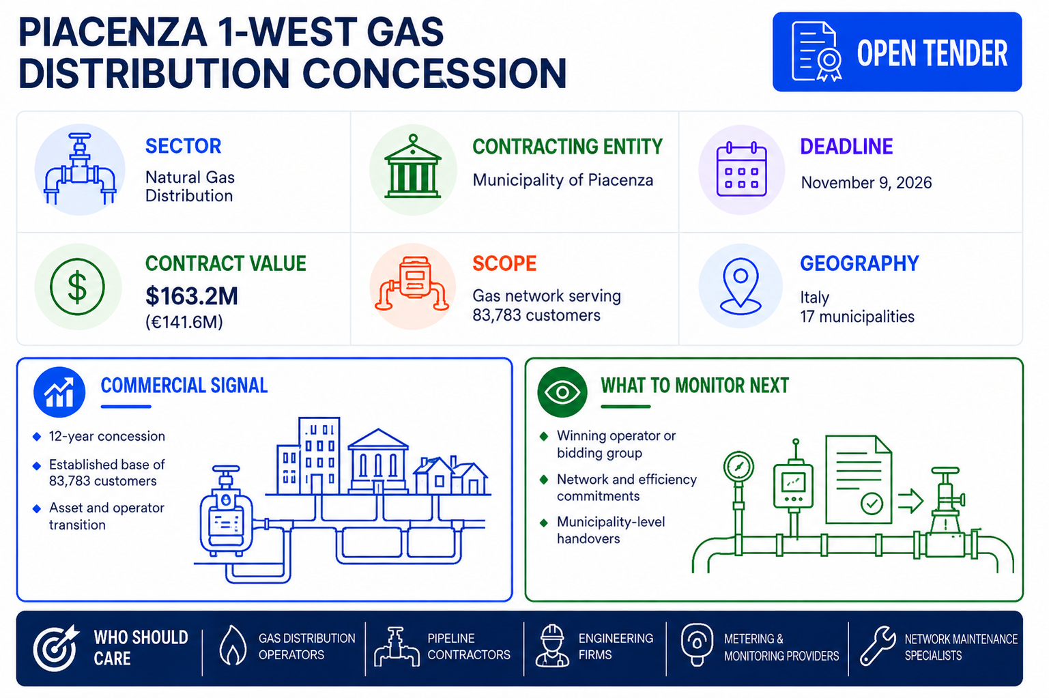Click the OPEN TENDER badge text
coord(932,53)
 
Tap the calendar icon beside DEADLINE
coord(741,169)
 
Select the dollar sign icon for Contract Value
coord(77,287)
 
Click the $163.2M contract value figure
coord(192,296)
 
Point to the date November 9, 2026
coord(866,183)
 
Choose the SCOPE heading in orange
coord(504,263)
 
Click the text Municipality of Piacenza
coord(563,180)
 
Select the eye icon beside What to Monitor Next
coord(562,392)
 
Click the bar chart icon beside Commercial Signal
coord(59,392)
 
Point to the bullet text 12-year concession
coord(106,436)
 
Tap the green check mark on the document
coord(872,504)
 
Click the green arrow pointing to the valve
coord(910,501)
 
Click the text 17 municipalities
coord(857,317)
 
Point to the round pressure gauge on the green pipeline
coord(738,466)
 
